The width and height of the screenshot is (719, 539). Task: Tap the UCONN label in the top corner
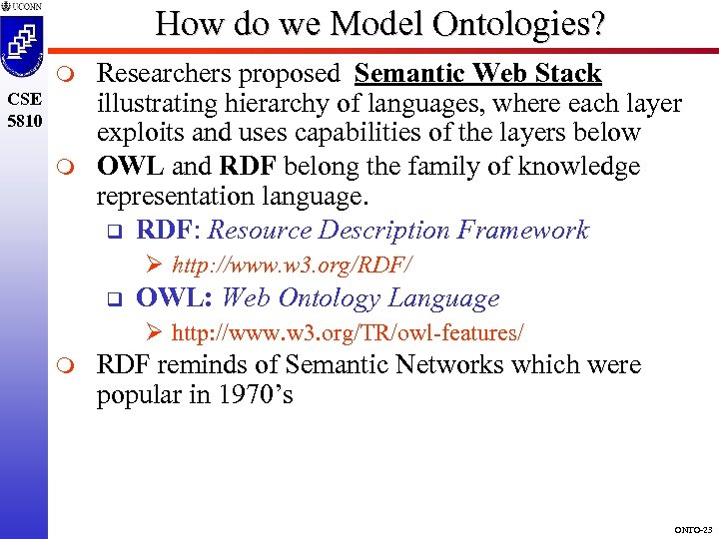[x=25, y=7]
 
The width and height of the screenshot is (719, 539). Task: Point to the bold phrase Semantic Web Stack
[x=477, y=73]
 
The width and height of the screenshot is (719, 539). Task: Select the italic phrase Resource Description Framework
[x=398, y=230]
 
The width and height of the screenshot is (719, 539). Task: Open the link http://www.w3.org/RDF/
[x=292, y=266]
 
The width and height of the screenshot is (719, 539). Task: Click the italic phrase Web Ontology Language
[x=359, y=297]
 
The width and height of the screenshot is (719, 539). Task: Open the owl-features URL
[x=348, y=331]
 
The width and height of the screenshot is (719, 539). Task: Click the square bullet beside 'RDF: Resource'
[x=113, y=231]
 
